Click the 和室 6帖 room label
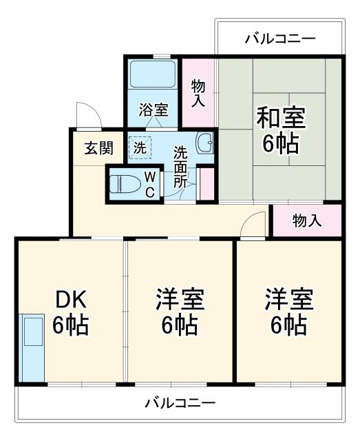pos(280,131)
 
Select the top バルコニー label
pos(279,39)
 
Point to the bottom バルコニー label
pos(180,402)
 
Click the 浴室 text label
pos(153,110)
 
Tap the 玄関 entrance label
pos(98,147)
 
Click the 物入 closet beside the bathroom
pos(199,93)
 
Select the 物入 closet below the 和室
pos(307,221)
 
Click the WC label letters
pos(149,185)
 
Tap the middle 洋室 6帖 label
pos(180,312)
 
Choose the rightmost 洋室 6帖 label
pos(289,312)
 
